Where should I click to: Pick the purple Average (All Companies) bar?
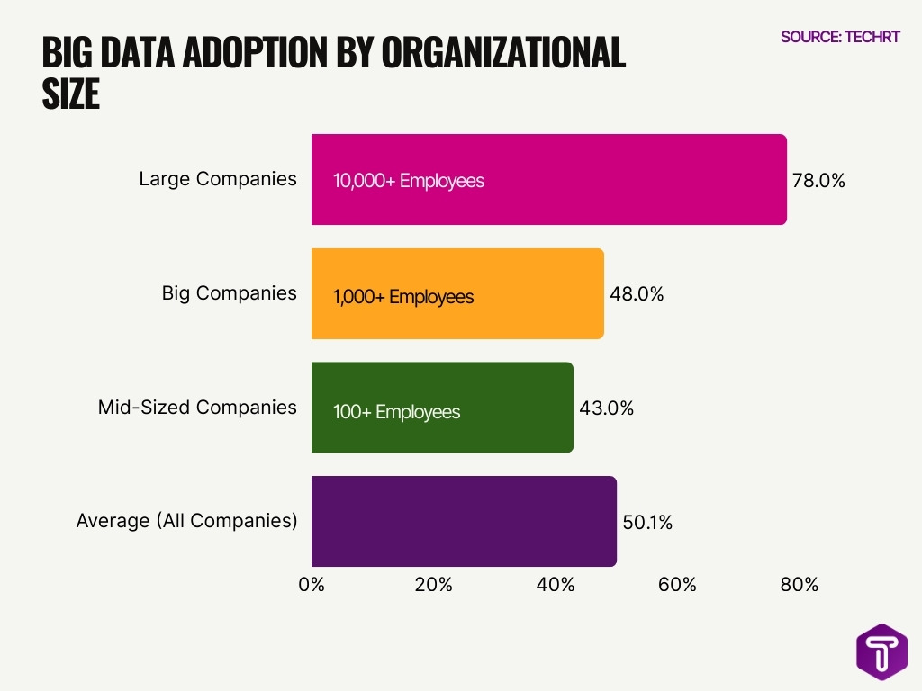tap(464, 521)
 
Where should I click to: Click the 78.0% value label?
tap(818, 180)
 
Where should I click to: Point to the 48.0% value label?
tap(637, 294)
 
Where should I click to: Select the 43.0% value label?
tap(606, 408)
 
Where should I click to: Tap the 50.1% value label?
tap(647, 522)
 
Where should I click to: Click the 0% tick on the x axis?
tap(312, 585)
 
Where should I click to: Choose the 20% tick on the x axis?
tap(433, 585)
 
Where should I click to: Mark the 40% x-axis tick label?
tap(556, 585)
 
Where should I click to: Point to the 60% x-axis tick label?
tap(677, 585)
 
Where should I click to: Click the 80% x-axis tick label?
tap(799, 585)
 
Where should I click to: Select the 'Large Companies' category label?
tap(217, 179)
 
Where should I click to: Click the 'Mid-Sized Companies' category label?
tap(197, 408)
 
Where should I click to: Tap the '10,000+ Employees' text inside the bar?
tap(409, 181)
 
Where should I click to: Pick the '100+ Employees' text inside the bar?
tap(396, 412)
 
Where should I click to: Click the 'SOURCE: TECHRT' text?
tap(840, 37)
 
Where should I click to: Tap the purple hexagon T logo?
tap(881, 651)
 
